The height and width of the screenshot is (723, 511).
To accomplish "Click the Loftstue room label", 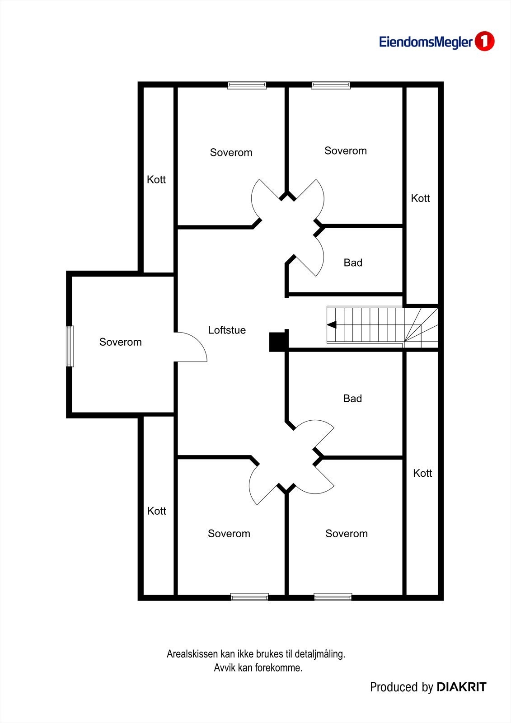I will tap(227, 330).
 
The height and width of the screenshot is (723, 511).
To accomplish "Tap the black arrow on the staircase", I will tap(332, 324).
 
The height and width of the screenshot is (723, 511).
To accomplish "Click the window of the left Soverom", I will tap(70, 346).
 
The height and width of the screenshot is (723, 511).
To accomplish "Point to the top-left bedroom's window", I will tap(247, 85).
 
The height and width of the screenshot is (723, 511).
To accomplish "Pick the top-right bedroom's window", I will tap(331, 85).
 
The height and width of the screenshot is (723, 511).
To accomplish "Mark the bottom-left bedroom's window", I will tap(249, 597).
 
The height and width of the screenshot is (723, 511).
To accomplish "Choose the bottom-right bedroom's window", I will tap(333, 597).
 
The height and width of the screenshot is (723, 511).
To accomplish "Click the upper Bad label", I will tap(353, 263).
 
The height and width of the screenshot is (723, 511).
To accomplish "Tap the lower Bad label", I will tap(352, 399).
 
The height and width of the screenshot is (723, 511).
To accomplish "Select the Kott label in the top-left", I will tap(156, 180).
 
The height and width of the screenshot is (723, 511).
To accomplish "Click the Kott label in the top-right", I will tap(420, 198).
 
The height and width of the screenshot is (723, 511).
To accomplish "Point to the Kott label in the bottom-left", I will tap(157, 511).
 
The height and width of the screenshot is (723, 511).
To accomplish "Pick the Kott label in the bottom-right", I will tap(422, 473).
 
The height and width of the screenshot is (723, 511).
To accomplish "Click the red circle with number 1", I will tap(485, 42).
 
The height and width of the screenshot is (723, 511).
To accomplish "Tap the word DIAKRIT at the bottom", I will tap(461, 687).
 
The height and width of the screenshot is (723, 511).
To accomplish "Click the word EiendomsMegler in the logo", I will tap(426, 42).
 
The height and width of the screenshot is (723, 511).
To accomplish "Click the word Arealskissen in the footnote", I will tap(192, 654).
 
